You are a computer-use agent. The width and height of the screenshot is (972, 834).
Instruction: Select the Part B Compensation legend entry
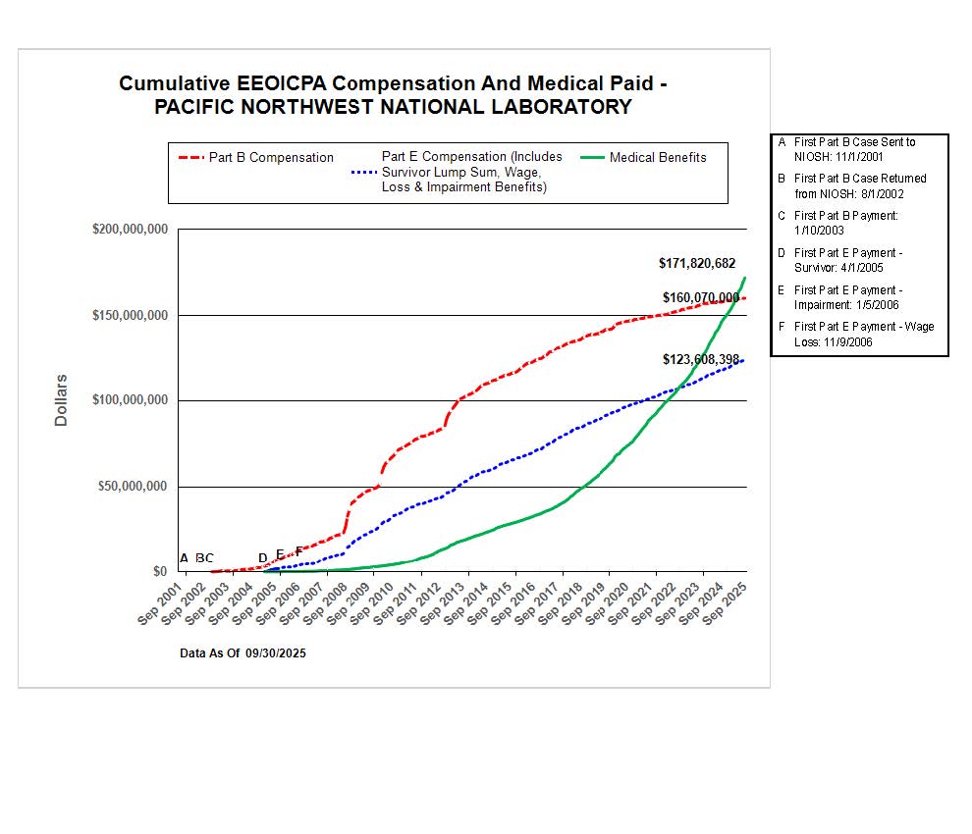271,158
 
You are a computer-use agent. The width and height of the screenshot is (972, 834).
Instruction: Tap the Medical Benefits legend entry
657,157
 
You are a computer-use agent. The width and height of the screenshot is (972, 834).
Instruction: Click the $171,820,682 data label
696,264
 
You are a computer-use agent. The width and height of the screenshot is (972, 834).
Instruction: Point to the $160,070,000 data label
700,297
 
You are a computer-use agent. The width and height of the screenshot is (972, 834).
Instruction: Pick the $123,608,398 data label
700,360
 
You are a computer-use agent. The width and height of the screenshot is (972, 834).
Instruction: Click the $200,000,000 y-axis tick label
131,230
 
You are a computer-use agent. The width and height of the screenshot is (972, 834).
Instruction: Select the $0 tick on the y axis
158,571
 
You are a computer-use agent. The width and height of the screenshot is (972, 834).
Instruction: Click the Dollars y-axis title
61,399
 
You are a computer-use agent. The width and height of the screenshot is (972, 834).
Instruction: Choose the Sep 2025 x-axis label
727,600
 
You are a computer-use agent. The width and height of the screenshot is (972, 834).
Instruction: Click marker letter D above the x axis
262,558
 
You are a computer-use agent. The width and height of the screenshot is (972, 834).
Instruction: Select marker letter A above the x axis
184,558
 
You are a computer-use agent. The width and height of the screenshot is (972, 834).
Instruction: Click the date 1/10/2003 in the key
820,229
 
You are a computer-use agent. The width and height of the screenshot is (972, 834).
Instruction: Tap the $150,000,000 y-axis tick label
131,315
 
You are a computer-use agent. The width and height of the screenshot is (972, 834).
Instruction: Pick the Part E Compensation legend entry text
471,172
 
